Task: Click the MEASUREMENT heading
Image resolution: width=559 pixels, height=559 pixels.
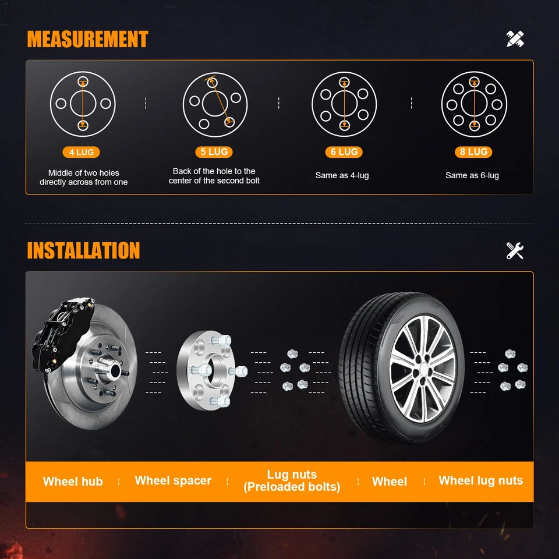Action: (87, 40)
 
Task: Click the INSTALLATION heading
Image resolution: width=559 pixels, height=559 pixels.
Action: (83, 250)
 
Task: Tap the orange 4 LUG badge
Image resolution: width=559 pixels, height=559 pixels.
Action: (81, 153)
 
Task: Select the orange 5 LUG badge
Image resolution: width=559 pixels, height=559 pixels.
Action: (214, 152)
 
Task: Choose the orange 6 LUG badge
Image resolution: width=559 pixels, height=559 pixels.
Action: (344, 152)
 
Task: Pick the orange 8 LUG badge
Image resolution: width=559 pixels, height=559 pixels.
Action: (473, 152)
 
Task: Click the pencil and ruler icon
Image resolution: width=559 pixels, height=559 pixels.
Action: (515, 39)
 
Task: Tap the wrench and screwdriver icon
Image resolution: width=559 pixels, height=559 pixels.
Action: (515, 250)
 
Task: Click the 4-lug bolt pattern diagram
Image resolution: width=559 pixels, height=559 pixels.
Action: (83, 104)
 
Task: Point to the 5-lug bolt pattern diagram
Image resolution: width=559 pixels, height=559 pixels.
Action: (215, 104)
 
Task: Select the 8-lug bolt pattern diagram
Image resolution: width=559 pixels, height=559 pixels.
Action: (474, 104)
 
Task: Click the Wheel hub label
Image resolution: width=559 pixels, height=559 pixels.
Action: (73, 482)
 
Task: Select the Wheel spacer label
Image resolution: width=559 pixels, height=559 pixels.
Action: (173, 480)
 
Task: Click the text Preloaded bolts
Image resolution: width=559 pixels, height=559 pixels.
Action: (292, 487)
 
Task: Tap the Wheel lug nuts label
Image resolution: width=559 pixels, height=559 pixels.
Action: (480, 480)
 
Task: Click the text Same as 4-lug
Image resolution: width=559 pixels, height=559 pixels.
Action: (342, 175)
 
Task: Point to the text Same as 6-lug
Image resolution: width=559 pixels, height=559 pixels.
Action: (472, 175)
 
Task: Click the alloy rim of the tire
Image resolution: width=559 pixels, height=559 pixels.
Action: (422, 369)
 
